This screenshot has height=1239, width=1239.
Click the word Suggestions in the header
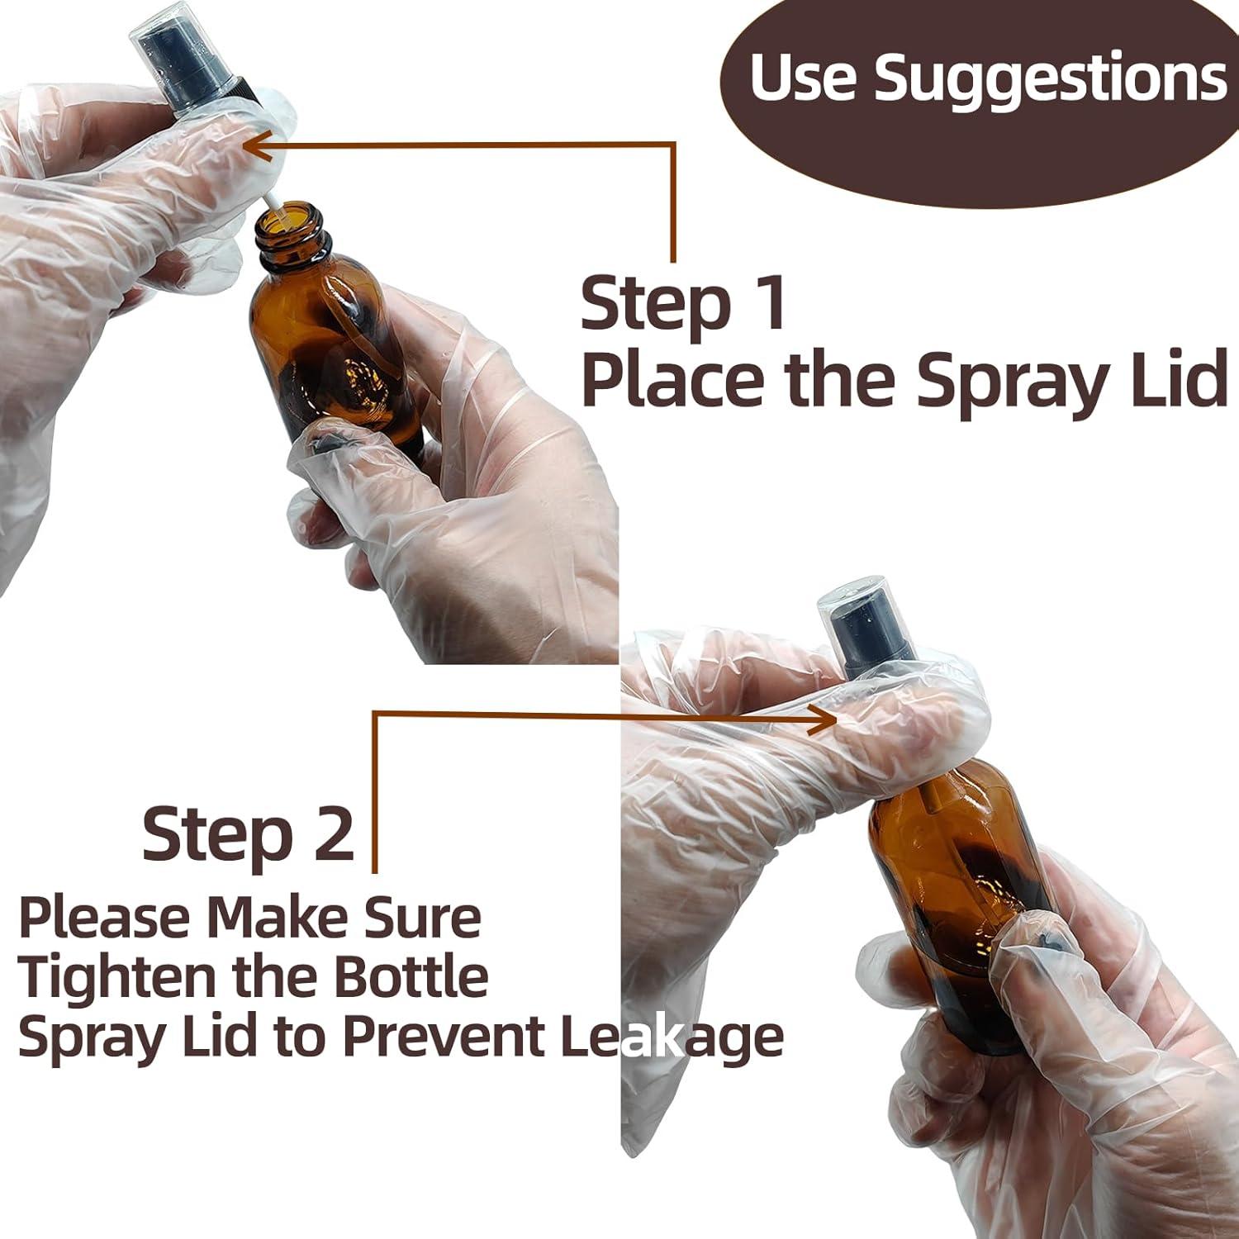point(1050,81)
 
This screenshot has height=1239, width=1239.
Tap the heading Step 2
point(248,834)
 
